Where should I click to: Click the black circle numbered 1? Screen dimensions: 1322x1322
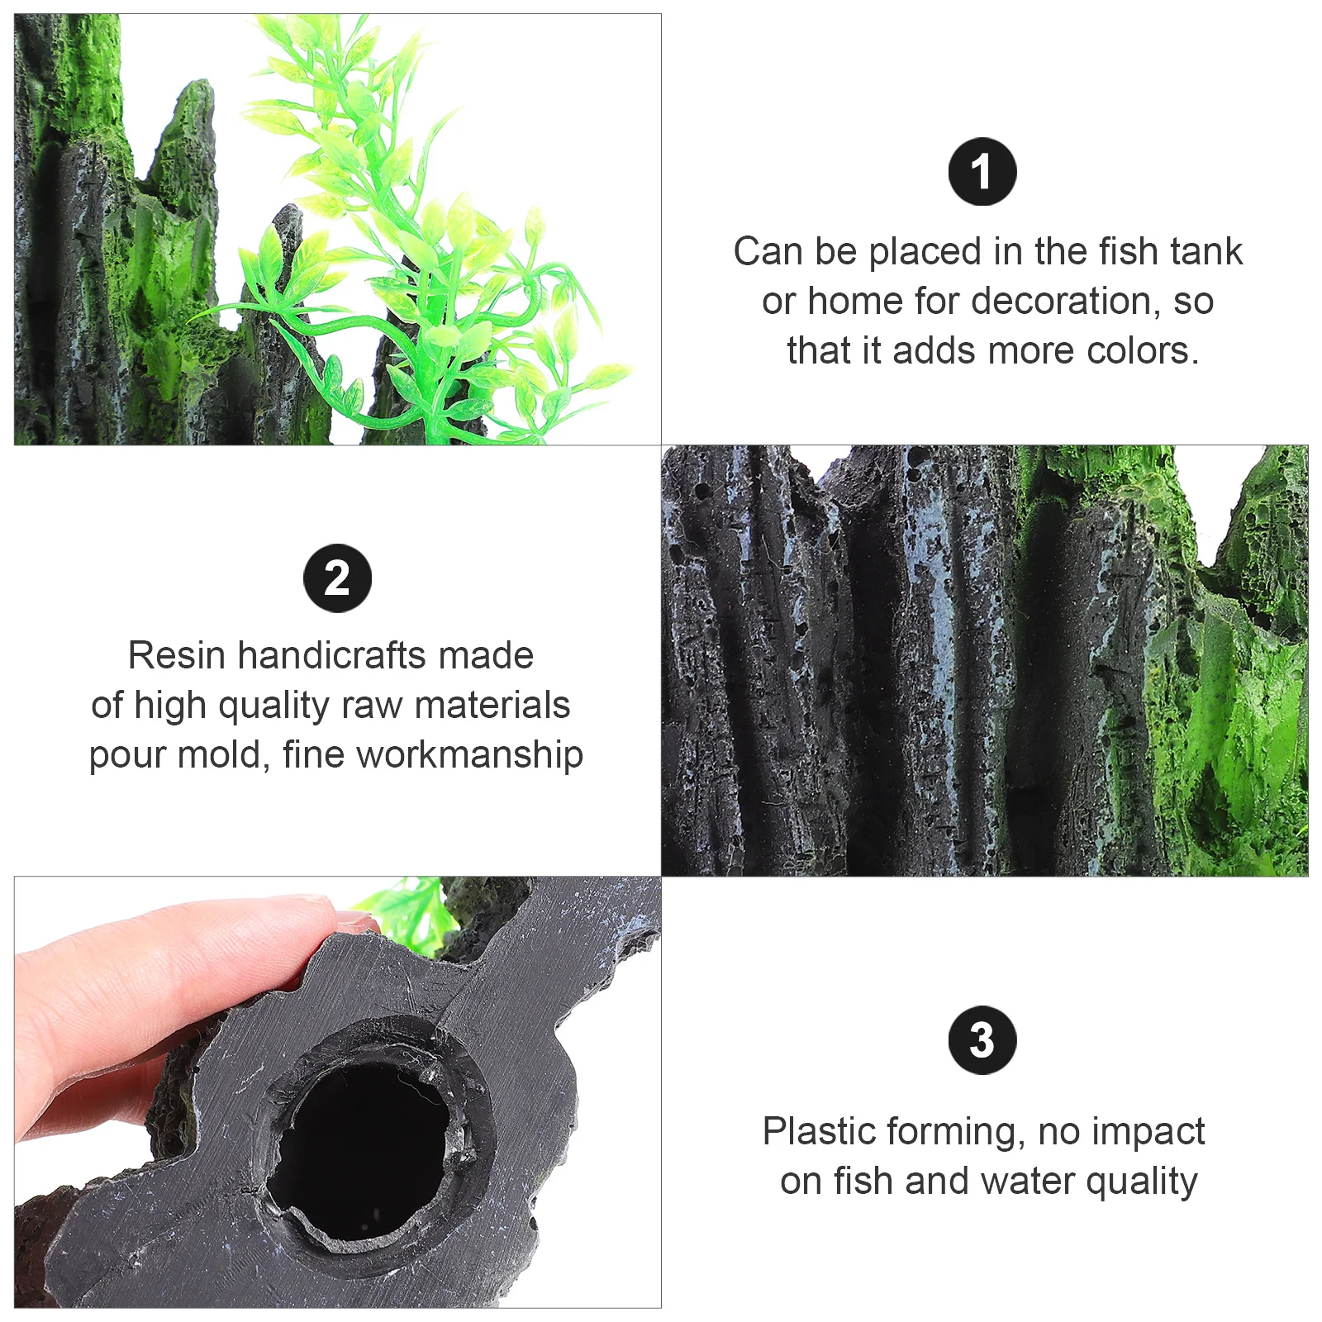[982, 172]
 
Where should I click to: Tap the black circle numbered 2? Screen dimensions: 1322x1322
[337, 578]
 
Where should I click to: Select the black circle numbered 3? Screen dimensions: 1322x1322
[982, 1040]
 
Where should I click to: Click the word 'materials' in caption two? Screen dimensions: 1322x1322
[492, 705]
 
